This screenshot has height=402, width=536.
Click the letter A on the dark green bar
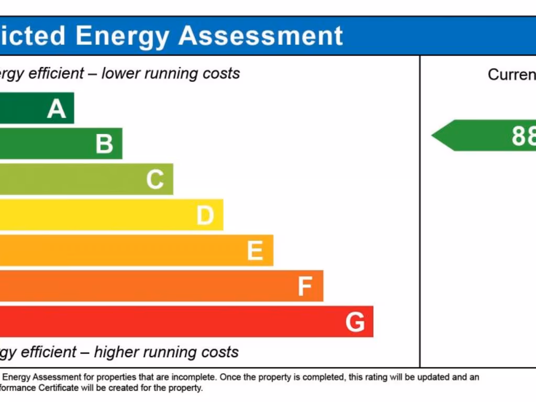click(57, 109)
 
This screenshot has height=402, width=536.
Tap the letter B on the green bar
click(104, 144)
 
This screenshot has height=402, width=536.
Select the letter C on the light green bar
click(155, 180)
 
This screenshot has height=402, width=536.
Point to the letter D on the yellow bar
click(205, 215)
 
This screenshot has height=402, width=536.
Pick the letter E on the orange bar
click(255, 251)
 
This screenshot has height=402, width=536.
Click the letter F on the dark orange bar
click(305, 286)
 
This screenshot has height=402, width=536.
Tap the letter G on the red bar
click(355, 322)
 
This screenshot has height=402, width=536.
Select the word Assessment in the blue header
click(261, 36)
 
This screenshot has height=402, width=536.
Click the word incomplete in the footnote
click(197, 377)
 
